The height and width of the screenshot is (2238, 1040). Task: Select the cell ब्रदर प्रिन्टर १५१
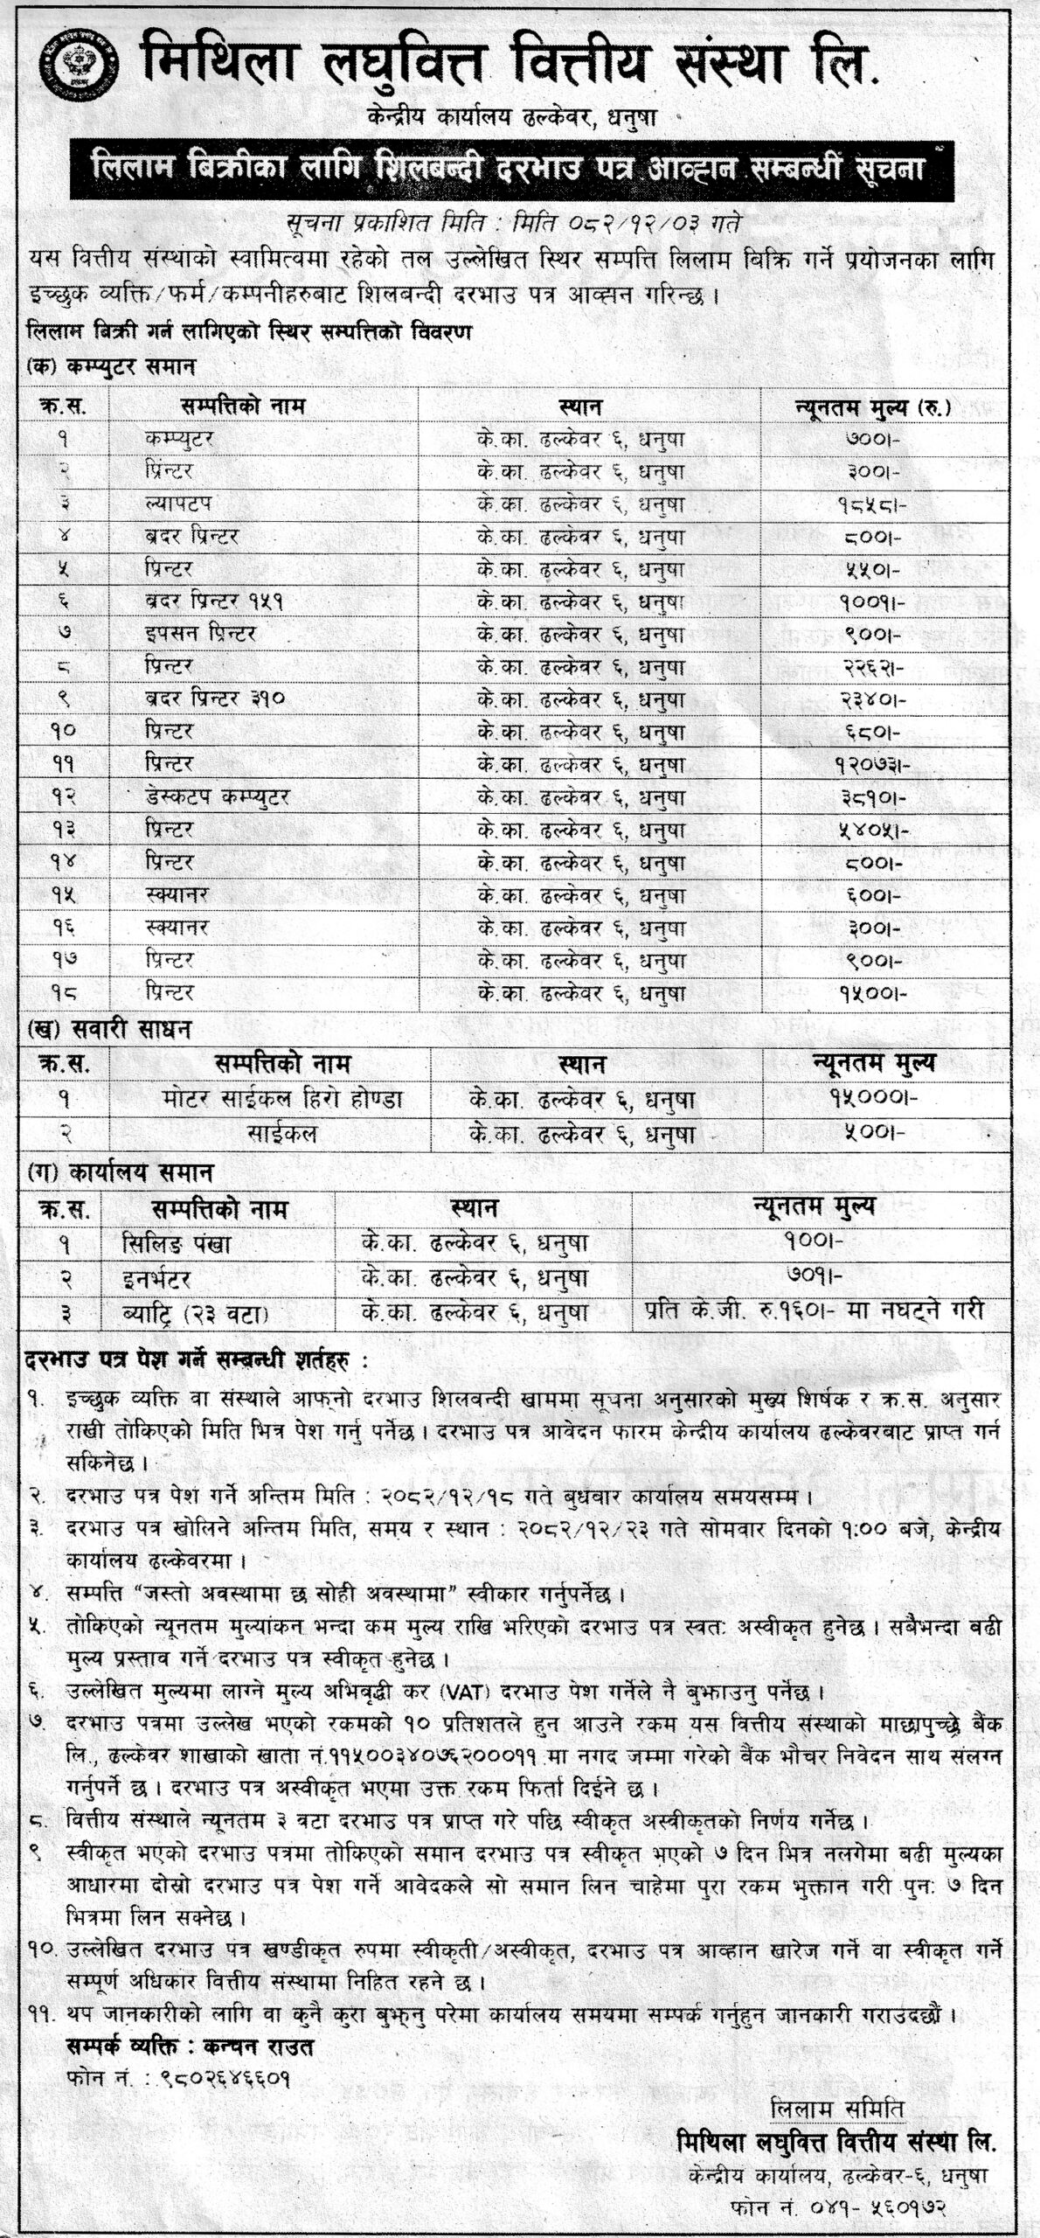[x=216, y=602]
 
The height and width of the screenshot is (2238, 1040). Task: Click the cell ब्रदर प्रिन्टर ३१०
[x=216, y=699]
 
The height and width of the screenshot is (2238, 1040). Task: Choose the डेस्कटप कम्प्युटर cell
[x=218, y=797]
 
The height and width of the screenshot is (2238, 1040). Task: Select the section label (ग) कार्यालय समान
[x=120, y=1171]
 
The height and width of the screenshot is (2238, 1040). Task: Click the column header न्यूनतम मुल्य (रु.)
[x=871, y=407]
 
